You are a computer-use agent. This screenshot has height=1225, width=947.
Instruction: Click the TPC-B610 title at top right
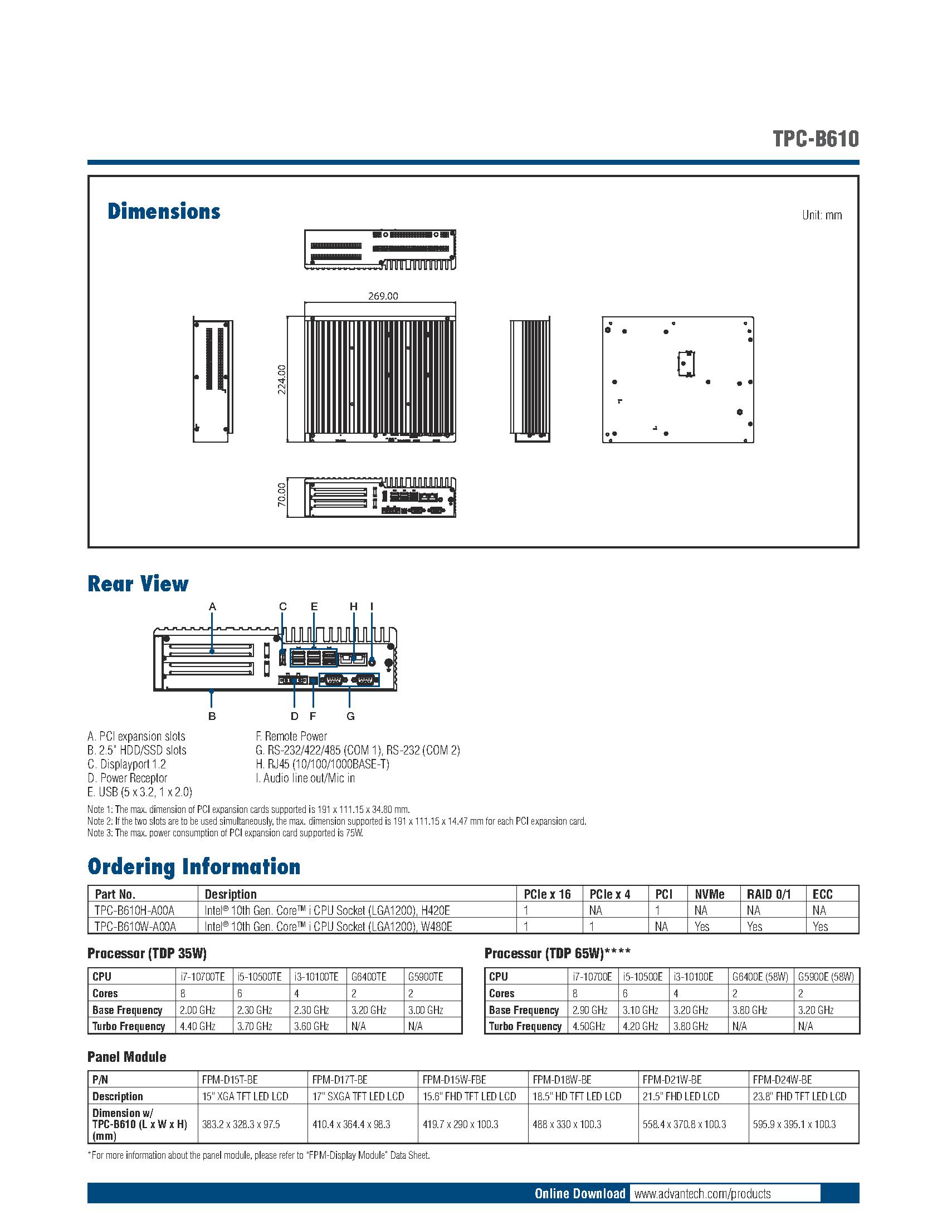(815, 139)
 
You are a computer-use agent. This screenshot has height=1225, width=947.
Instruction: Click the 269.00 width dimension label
(383, 296)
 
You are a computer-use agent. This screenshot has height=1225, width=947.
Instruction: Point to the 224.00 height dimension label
(282, 379)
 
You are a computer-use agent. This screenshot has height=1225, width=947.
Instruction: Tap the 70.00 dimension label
(282, 494)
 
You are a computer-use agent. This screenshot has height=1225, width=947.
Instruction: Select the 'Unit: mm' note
(821, 215)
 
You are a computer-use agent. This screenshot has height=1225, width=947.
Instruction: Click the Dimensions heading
(164, 212)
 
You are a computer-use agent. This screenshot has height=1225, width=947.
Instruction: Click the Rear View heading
(138, 584)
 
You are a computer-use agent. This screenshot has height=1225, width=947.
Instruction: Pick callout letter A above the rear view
(212, 606)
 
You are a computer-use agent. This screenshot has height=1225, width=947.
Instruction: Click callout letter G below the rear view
(350, 716)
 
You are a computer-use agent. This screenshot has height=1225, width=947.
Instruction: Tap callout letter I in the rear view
(372, 606)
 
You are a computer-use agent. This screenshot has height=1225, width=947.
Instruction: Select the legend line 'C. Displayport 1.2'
(127, 764)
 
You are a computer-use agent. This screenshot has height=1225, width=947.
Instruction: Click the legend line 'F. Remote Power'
(291, 736)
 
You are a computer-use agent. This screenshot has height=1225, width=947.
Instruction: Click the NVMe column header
(709, 894)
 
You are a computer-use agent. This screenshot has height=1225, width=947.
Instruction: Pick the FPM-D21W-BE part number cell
(672, 1080)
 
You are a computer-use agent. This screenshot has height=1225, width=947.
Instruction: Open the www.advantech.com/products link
(702, 1193)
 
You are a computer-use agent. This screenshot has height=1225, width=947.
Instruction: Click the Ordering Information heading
(194, 866)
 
